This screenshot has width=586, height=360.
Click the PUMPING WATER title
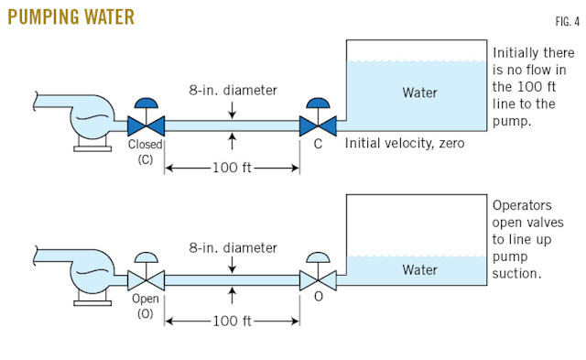click(71, 16)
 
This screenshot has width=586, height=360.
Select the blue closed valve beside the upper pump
click(145, 122)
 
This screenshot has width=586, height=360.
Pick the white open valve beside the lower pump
click(145, 277)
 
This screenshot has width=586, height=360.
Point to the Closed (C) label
click(146, 151)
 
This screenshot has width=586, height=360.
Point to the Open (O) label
click(146, 307)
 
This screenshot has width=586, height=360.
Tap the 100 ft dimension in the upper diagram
click(233, 168)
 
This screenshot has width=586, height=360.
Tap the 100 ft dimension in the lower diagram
click(233, 322)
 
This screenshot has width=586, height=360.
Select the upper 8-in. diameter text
click(233, 90)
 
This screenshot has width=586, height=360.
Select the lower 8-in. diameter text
click(233, 246)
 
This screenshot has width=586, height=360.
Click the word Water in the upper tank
click(420, 93)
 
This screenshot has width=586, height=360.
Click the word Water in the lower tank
click(420, 269)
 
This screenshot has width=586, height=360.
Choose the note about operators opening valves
click(533, 240)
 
